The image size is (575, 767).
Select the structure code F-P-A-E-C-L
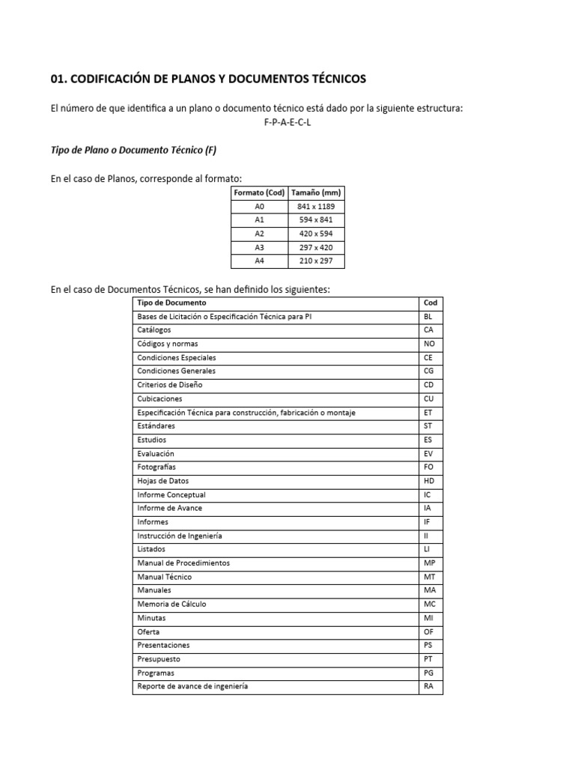287,122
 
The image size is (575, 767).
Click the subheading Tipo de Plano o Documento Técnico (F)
133,150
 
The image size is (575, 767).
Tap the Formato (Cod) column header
259,193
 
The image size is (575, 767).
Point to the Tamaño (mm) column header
316,193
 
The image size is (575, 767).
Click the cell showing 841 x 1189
316,207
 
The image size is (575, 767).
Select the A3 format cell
259,248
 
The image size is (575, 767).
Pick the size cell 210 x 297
316,261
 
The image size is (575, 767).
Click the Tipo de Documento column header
171,303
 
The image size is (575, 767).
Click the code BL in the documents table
428,317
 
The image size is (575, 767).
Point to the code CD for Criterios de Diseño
428,385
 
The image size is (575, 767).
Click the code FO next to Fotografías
428,467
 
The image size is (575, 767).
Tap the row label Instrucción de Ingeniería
180,536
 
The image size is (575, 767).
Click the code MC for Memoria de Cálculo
429,604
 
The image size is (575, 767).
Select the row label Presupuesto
159,659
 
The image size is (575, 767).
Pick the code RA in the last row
428,686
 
